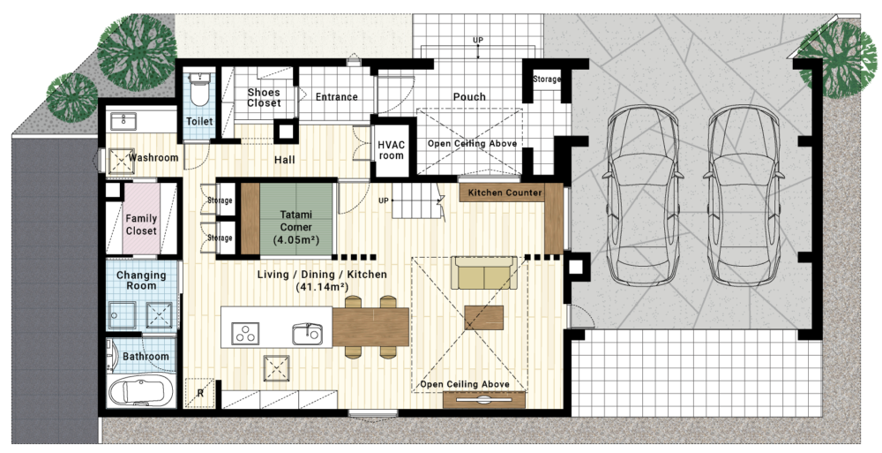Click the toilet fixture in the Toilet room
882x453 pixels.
coord(199,89)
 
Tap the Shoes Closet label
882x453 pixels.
coord(264,97)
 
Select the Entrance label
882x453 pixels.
coord(336,97)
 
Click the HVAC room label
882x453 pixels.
coord(391,150)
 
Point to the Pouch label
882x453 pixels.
coord(469,97)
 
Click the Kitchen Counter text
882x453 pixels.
coord(505,193)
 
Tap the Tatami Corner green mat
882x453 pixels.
coord(297,219)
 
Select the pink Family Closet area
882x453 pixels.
coord(141,218)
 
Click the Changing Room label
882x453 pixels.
coord(141,280)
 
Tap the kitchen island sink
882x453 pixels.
coord(307,334)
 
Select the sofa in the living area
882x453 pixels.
coord(483,273)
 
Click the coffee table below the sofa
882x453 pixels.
coord(483,318)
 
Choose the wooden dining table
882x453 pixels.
coord(370,326)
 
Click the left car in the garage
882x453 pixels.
coord(641,195)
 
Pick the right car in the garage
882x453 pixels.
coord(744,195)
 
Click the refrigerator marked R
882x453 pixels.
coord(199,392)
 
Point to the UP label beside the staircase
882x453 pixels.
coord(383,200)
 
